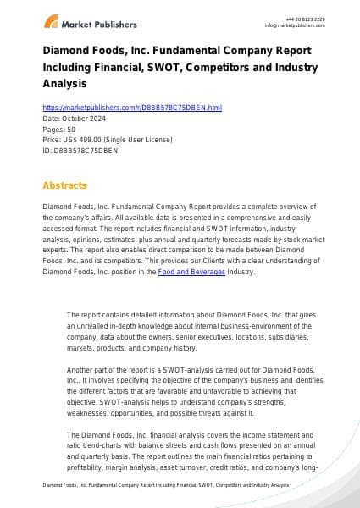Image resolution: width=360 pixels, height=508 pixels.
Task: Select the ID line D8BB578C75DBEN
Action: tap(69, 150)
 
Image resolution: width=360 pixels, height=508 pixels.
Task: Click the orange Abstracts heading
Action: tap(65, 184)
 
